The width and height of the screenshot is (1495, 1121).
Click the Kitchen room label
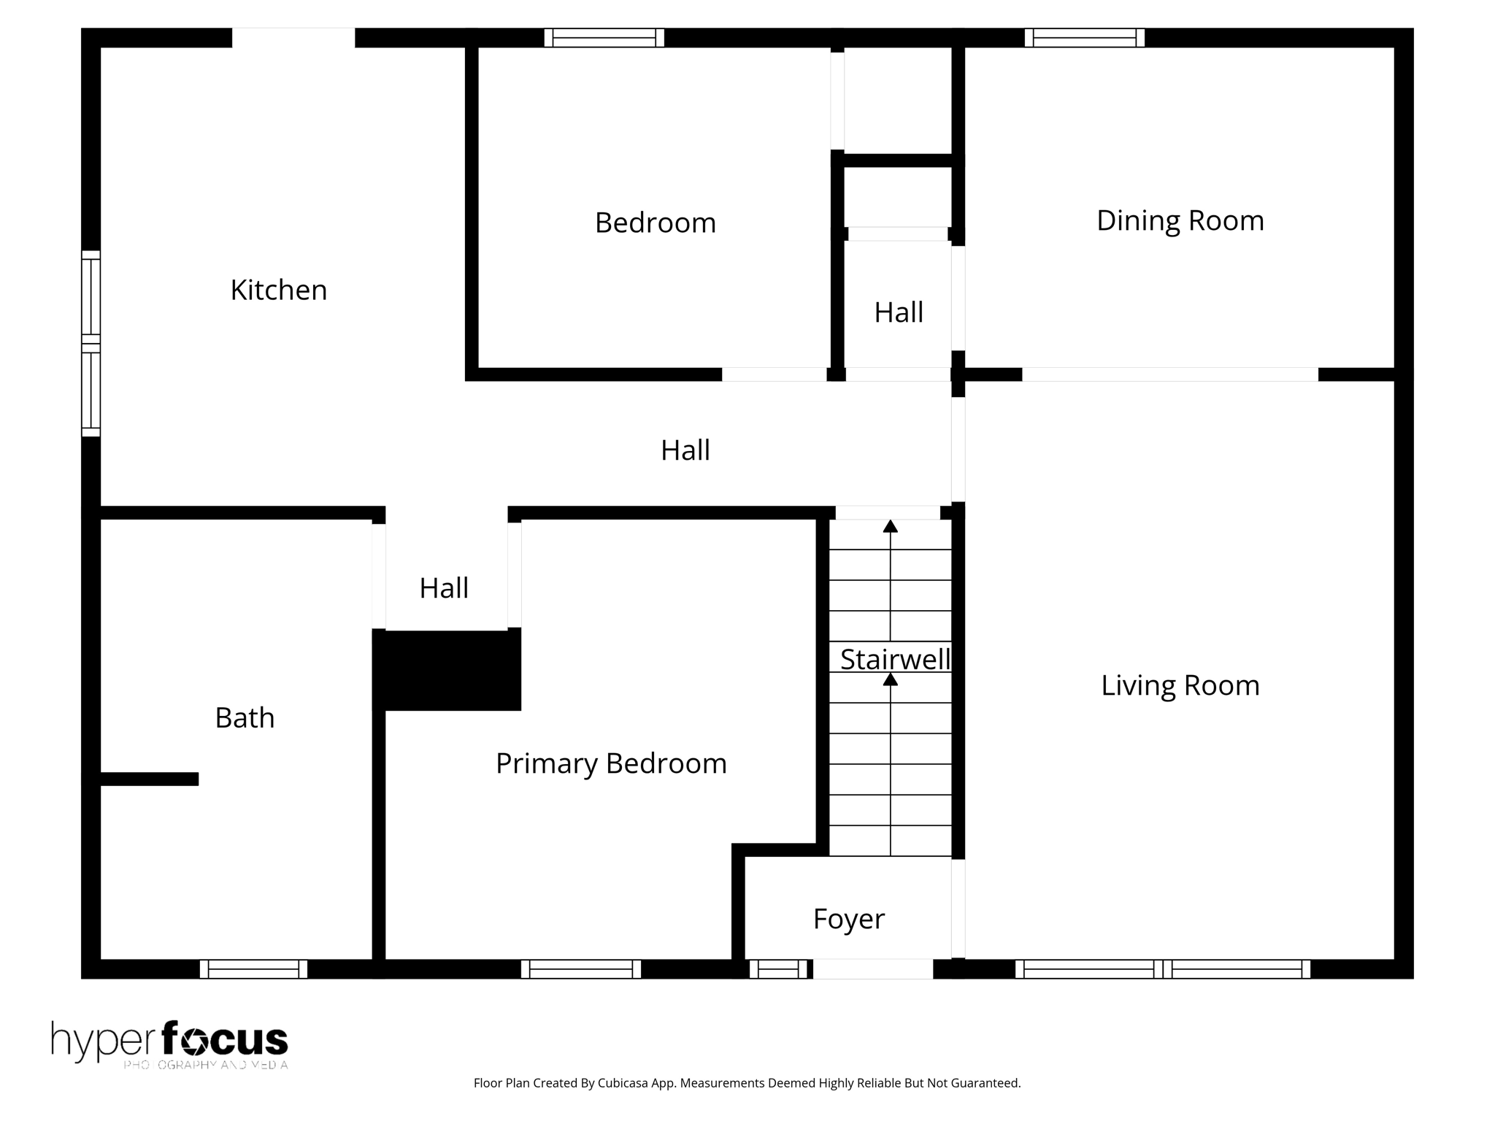(x=278, y=290)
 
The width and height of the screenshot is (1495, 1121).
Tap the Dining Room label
(x=1180, y=221)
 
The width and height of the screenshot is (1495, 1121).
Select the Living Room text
(x=1180, y=685)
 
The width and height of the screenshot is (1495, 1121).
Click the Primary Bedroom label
(x=611, y=763)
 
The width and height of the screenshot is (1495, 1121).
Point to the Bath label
(x=245, y=718)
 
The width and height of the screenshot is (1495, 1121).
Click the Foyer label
(x=848, y=919)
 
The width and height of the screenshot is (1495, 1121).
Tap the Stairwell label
(x=894, y=660)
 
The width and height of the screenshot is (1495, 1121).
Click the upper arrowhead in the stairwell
(x=890, y=526)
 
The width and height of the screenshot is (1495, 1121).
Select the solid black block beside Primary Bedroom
(x=447, y=670)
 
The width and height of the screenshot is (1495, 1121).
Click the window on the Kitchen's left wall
(x=91, y=343)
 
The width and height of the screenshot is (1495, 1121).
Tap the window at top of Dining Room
(x=1084, y=38)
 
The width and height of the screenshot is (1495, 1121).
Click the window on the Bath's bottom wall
(x=253, y=969)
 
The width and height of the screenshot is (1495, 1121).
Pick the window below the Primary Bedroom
(x=581, y=969)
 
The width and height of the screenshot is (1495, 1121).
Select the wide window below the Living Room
(x=1162, y=969)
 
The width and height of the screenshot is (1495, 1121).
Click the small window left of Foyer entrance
(x=778, y=969)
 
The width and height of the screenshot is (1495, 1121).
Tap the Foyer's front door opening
(x=873, y=969)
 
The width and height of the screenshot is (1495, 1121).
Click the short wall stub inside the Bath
(x=150, y=779)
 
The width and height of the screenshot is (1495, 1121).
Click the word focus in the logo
(x=225, y=1039)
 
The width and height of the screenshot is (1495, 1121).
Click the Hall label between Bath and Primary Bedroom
(x=444, y=588)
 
